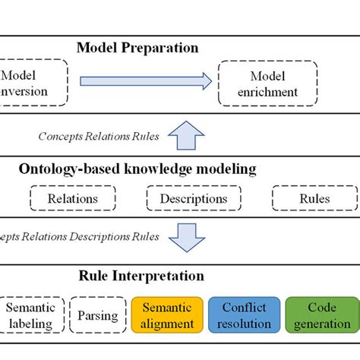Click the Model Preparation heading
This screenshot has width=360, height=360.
tap(137, 48)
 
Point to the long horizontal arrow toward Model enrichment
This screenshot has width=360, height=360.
tap(144, 81)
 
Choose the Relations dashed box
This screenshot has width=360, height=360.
tap(72, 199)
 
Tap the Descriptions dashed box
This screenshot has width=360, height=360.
tap(193, 199)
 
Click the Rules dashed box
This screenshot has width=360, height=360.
tap(314, 199)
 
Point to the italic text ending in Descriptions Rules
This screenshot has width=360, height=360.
tap(80, 236)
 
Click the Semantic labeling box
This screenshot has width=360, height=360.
tap(30, 315)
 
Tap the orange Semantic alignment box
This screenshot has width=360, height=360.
tap(168, 315)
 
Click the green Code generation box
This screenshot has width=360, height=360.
tap(322, 315)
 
